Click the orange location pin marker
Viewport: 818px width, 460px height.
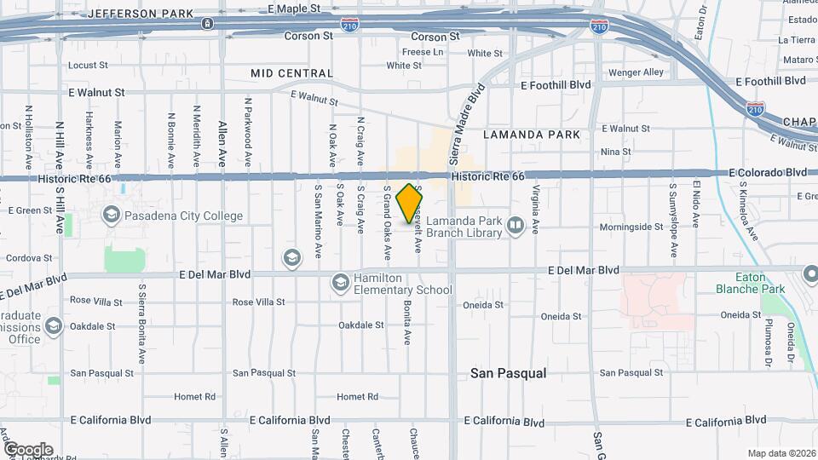[410, 203]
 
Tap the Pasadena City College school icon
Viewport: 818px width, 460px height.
[111, 216]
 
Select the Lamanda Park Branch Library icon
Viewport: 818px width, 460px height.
[515, 226]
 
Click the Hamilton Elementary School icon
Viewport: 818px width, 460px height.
[340, 281]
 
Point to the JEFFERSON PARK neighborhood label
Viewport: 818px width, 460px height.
[140, 14]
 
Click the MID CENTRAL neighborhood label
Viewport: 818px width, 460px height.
[292, 73]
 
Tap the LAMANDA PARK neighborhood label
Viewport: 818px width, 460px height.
[531, 135]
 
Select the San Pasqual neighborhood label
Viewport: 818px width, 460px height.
[509, 373]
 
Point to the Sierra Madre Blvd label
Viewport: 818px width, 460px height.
[467, 124]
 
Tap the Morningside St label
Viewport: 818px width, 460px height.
[631, 227]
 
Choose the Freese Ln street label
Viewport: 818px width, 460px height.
[423, 52]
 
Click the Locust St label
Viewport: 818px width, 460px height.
[88, 65]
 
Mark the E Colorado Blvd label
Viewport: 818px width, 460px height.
[767, 172]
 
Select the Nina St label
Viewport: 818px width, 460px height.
[615, 152]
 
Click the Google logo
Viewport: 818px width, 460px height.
[27, 450]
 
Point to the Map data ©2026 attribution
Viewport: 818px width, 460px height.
[781, 453]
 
